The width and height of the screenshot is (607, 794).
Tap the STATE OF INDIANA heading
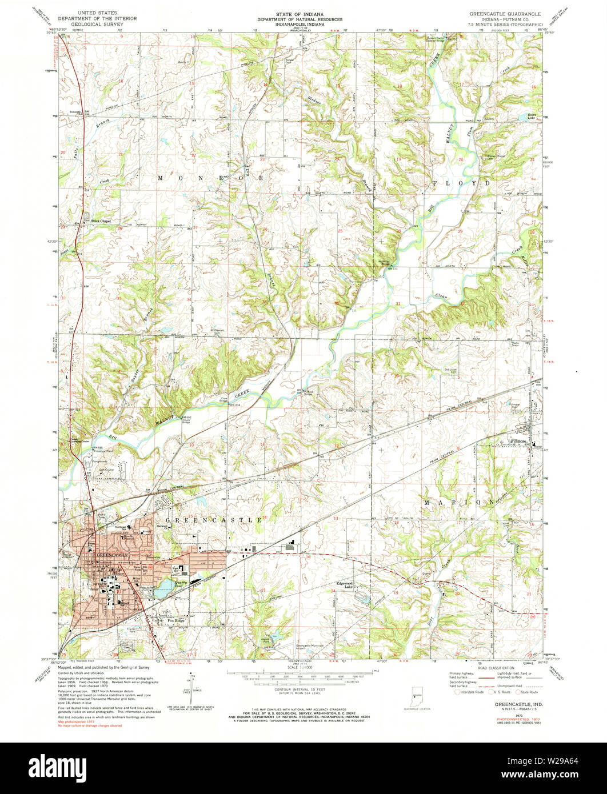point(303,12)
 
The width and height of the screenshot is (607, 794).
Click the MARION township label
point(458,502)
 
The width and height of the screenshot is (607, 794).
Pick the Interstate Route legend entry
point(470,692)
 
